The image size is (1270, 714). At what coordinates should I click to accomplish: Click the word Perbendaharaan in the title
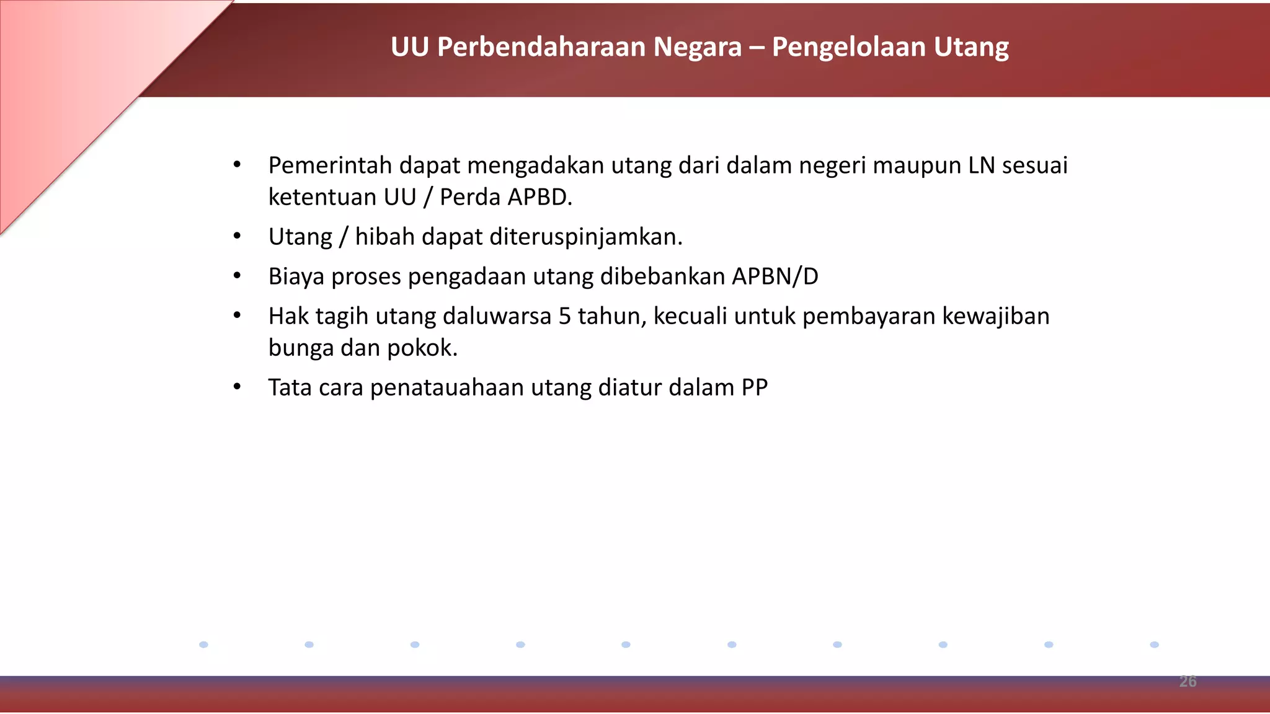(x=542, y=47)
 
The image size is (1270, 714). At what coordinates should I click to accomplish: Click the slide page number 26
(x=1188, y=681)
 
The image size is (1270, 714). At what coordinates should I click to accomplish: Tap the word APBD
(x=540, y=197)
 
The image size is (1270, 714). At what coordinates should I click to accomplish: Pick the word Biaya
(x=296, y=276)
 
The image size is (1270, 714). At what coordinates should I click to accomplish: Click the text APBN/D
(x=775, y=276)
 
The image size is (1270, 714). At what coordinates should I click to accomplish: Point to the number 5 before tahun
(x=564, y=316)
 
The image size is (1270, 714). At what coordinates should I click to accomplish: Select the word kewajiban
(x=996, y=316)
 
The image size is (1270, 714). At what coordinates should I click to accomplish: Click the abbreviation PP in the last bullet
(x=755, y=387)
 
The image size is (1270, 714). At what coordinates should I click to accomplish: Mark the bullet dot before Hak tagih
(x=237, y=315)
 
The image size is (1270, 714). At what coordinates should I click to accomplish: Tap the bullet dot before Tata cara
(x=237, y=387)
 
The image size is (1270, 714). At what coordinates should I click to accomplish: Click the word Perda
(x=469, y=197)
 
